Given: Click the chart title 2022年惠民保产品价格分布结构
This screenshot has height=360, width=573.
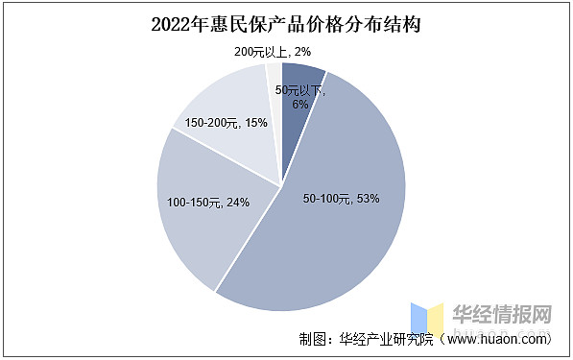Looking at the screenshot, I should [285, 24].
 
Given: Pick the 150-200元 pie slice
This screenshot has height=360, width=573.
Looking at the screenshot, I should [226, 106].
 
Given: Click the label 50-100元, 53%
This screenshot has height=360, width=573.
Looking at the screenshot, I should [341, 199].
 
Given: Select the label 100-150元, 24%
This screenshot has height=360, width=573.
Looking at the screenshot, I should [208, 203].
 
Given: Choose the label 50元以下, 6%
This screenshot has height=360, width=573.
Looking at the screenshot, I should [300, 97].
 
